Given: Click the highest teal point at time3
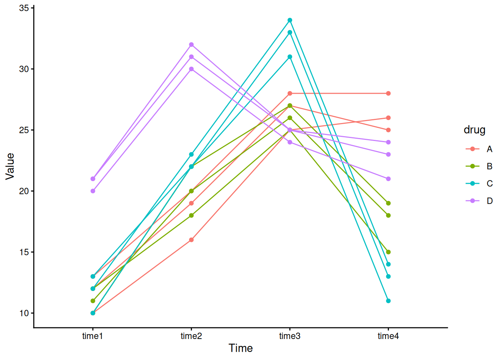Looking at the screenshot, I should pos(290,20).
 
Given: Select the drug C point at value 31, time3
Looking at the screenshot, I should pos(290,57).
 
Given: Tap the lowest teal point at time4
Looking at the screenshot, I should pos(388,301).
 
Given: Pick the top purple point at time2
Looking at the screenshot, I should pos(191,45).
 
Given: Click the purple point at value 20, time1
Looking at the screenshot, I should pos(93,191).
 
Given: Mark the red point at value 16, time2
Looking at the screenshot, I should pos(191,240).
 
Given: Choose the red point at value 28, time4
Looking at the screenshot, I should pos(388,93).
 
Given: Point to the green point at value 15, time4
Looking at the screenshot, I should pos(388,252).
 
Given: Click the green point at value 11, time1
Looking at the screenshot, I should pos(93,301).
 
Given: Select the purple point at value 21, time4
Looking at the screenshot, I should pos(388,179).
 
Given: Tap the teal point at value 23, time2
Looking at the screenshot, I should pos(191,154).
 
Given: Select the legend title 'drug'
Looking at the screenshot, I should pos(474,130).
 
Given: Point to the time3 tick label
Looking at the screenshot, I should pos(290,336).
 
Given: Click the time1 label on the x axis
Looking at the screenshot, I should pos(93,336).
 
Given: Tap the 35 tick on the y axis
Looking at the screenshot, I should pos(24,8).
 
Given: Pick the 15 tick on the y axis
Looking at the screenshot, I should pos(24,252).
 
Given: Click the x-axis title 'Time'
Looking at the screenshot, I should pos(241,348).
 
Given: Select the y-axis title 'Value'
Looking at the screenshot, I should pos(10,166).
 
